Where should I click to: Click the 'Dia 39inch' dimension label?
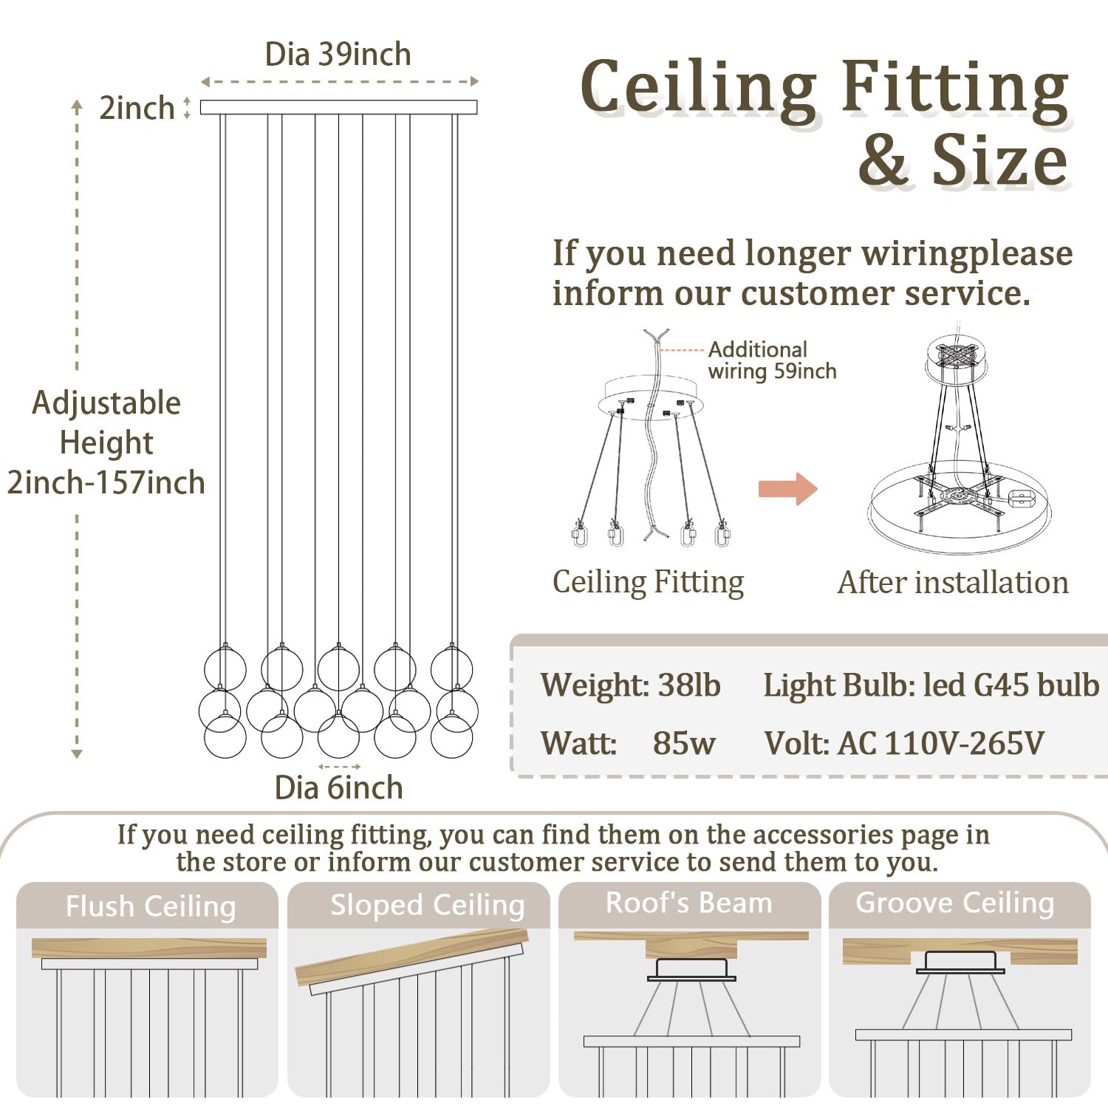(x=338, y=55)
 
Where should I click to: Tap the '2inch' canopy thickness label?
(x=137, y=108)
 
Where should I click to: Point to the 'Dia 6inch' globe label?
(x=338, y=788)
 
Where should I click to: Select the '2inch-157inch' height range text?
(x=106, y=483)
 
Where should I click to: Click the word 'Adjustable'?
(x=106, y=404)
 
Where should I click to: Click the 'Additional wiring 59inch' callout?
(x=772, y=360)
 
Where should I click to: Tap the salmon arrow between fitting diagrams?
(x=788, y=488)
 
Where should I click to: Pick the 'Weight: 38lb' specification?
(x=630, y=685)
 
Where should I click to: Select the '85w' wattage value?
(x=684, y=743)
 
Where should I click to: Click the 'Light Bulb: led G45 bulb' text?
(x=931, y=685)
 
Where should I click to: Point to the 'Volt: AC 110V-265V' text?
(x=904, y=743)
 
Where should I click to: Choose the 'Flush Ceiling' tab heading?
(x=151, y=906)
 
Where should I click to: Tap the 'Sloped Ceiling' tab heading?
(x=428, y=906)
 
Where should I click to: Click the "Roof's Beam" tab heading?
(x=689, y=903)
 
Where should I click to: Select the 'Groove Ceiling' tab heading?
(x=955, y=903)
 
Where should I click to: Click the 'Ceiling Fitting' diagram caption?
(x=649, y=582)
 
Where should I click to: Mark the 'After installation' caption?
(x=953, y=582)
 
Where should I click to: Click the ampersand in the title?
(x=883, y=161)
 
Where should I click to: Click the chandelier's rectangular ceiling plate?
(x=339, y=107)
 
